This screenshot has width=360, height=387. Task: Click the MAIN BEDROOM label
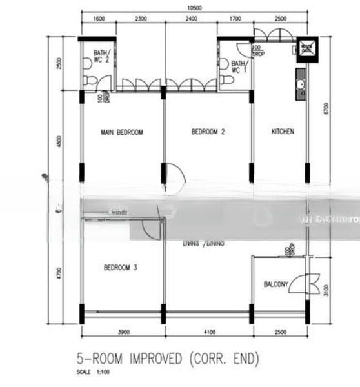(x=121, y=132)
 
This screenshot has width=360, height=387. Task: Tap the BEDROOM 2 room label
(x=208, y=132)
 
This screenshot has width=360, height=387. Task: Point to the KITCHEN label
(x=283, y=132)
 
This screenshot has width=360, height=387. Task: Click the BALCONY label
(x=275, y=284)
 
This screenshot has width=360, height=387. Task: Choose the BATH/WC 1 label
(x=238, y=66)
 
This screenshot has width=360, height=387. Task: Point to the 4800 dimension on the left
(x=58, y=141)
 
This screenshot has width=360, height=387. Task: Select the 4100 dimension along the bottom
(x=206, y=332)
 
